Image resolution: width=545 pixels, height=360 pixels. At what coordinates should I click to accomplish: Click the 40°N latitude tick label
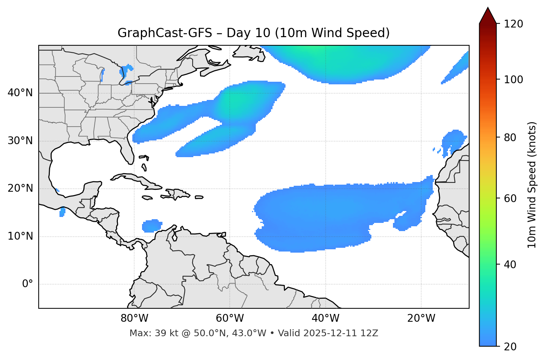pos(20,93)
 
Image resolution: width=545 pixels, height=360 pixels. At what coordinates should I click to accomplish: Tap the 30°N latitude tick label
pos(20,141)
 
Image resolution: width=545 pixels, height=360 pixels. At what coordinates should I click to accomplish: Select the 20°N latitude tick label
pos(20,189)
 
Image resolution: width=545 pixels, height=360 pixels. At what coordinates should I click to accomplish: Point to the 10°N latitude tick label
pos(20,237)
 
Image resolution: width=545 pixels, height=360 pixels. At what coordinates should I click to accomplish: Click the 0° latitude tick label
pos(28,284)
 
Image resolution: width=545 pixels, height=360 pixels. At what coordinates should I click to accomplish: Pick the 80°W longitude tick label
pos(134,318)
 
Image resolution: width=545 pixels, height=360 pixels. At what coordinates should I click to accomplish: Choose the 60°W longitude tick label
pos(230,318)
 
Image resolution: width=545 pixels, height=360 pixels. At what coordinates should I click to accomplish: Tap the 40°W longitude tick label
pos(325,318)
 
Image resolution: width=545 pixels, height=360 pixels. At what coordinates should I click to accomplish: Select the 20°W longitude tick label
pos(421,318)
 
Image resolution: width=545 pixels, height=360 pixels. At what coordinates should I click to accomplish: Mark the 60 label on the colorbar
pos(511,198)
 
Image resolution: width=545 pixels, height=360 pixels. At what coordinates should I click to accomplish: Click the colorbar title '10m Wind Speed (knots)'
pos(532,185)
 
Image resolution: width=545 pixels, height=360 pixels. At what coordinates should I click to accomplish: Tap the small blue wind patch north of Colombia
pos(152,226)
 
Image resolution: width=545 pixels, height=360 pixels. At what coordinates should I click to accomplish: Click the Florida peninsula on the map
pos(126,150)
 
